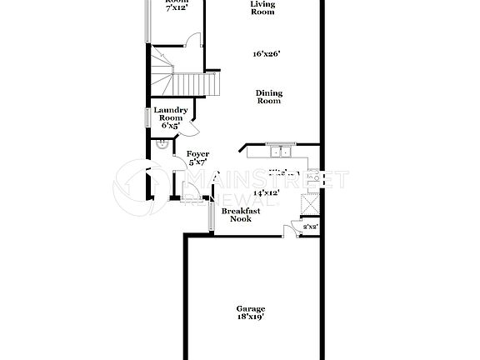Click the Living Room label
pyautogui.click(x=263, y=7)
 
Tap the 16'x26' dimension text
pyautogui.click(x=267, y=54)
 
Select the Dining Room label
pyautogui.click(x=267, y=96)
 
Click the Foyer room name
pyautogui.click(x=197, y=154)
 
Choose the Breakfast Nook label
pyautogui.click(x=241, y=215)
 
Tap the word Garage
pyautogui.click(x=251, y=309)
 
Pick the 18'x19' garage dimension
pyautogui.click(x=251, y=317)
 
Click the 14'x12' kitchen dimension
pyautogui.click(x=265, y=192)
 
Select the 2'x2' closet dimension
pyautogui.click(x=309, y=226)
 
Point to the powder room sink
pyautogui.click(x=161, y=144)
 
